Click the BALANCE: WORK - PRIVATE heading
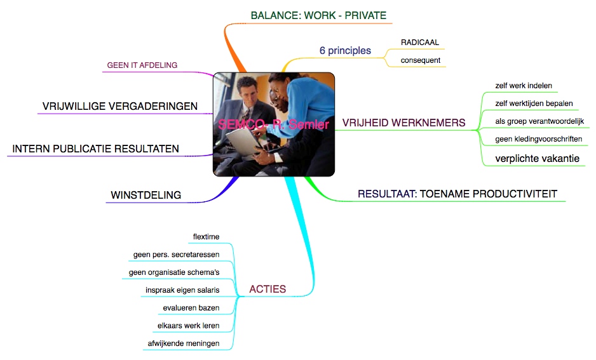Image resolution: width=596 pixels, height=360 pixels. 318,16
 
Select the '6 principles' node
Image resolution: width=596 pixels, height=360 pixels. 345,51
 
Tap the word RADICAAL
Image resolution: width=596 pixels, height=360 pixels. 419,43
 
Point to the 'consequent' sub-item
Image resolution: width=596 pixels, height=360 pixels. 421,60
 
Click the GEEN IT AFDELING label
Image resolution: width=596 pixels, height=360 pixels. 142,65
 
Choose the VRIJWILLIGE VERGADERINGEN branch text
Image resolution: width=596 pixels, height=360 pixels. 119,106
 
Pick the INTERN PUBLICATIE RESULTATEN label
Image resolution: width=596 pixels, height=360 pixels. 95,149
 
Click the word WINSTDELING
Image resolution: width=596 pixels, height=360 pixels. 146,195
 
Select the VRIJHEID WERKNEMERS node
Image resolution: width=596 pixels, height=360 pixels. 403,123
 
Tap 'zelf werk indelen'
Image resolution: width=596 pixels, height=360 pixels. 524,86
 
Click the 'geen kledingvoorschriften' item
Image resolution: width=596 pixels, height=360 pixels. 539,139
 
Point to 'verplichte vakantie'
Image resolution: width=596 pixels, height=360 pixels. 537,159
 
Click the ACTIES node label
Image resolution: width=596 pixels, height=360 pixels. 268,289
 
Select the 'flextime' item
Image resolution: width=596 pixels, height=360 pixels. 206,237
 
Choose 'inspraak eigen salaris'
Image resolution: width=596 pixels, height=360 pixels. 182,290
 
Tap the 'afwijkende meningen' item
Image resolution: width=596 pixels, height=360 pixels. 184,343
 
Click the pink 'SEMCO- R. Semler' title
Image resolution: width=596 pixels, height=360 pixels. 274,124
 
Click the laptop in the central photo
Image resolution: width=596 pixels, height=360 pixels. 243,141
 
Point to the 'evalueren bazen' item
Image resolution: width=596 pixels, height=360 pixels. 191,308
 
